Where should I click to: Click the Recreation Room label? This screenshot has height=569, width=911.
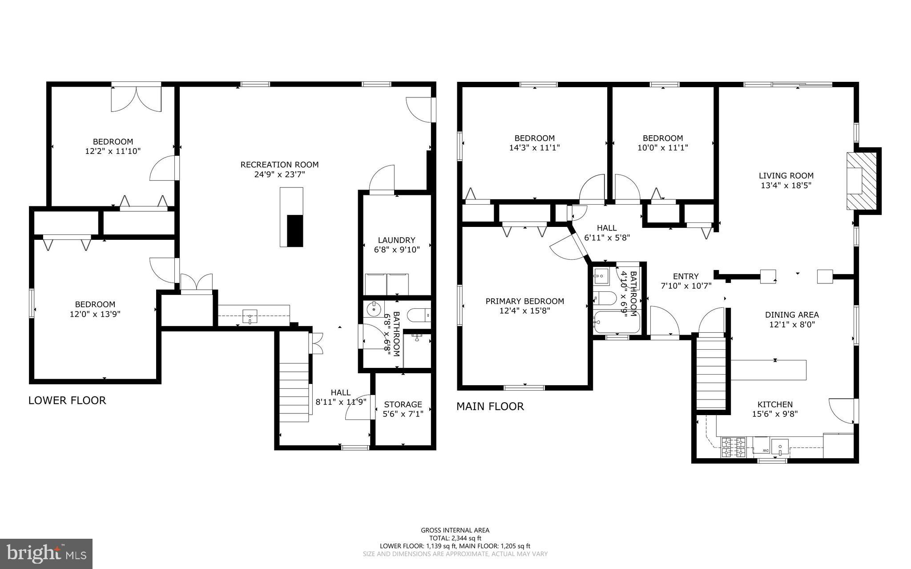(279, 165)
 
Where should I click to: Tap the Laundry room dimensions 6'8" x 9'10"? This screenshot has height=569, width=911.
(397, 250)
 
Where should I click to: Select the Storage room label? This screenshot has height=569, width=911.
(403, 404)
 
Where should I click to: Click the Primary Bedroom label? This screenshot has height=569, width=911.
(524, 301)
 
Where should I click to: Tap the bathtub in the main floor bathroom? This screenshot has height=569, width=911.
(617, 322)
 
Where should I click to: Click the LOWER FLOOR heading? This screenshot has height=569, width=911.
(67, 400)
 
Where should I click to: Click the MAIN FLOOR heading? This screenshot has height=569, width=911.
(490, 406)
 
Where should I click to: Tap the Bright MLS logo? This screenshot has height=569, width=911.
(46, 553)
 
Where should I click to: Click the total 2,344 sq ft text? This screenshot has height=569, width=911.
(455, 538)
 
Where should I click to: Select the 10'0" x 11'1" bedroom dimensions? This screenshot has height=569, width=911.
(662, 148)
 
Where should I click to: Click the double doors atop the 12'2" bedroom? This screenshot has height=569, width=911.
(136, 99)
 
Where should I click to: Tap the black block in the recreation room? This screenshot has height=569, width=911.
(294, 230)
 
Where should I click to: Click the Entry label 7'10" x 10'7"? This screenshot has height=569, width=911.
(686, 281)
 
